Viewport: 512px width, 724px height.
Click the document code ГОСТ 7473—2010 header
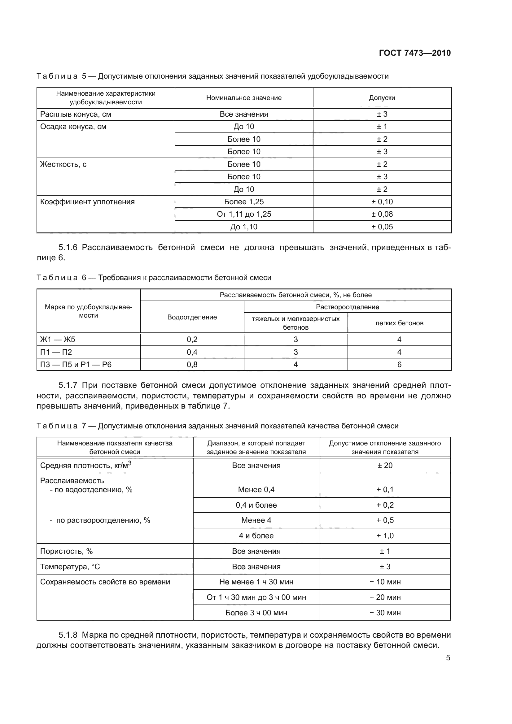pos(414,53)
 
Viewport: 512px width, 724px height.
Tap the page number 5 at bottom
pos(448,657)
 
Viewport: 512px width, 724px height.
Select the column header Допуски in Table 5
pos(382,98)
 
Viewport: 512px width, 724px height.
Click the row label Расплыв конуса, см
pos(76,114)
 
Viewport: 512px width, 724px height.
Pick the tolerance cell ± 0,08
pos(382,214)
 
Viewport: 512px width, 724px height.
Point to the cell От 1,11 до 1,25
pos(244,214)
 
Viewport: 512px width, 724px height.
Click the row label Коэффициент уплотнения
pos(87,202)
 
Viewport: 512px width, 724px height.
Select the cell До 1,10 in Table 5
pos(244,227)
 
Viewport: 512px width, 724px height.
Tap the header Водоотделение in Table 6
pos(192,317)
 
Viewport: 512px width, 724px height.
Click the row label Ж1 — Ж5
pos(58,340)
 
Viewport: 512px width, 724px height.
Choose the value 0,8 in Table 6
pos(192,365)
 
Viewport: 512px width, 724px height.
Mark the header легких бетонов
pos(399,323)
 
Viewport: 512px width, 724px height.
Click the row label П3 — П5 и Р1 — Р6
pos(76,365)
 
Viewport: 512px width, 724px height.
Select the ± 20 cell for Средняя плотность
pos(385,466)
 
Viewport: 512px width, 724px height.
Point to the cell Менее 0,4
pos(256,490)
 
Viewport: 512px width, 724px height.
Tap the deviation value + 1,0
pos(385,536)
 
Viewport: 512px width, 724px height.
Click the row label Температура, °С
pos(70,567)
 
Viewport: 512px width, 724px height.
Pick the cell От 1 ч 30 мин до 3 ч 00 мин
pos(256,597)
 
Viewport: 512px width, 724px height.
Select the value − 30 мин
pos(385,613)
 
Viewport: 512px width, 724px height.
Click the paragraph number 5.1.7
pos(68,385)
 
